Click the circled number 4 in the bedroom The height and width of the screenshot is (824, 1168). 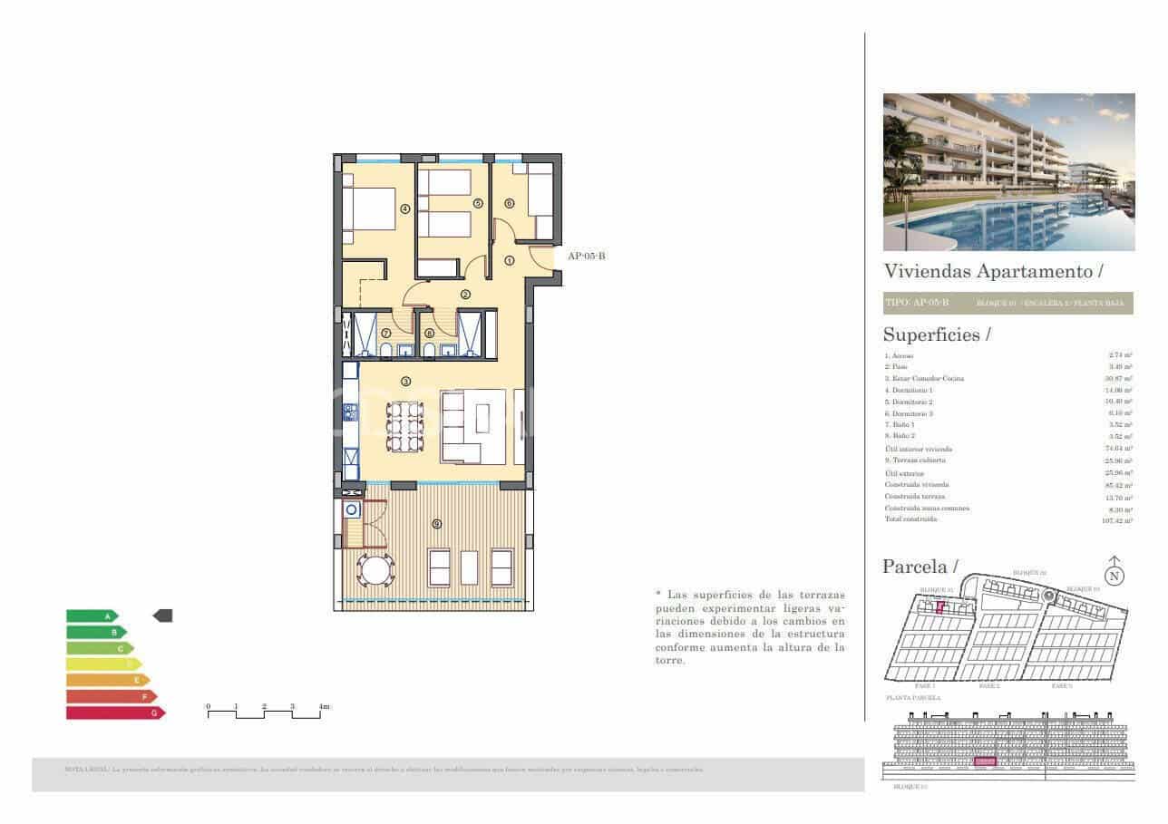(x=405, y=208)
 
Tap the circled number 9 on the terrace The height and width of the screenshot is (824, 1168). (x=437, y=524)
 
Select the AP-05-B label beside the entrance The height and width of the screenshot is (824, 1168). (x=586, y=257)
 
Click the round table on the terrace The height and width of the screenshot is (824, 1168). (x=375, y=570)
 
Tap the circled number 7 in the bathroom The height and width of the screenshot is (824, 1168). (x=385, y=334)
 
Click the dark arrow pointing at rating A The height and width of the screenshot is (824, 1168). (x=162, y=616)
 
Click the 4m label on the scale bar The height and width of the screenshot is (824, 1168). (x=324, y=705)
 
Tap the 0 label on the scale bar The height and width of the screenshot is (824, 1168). (x=208, y=705)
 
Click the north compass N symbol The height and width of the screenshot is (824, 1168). (x=1114, y=575)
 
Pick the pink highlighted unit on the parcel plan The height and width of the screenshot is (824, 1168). (x=940, y=607)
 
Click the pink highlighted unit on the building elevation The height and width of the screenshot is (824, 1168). (x=986, y=762)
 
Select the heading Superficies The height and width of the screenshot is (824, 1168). (x=931, y=334)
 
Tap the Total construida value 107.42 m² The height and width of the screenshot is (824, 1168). (x=1114, y=519)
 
